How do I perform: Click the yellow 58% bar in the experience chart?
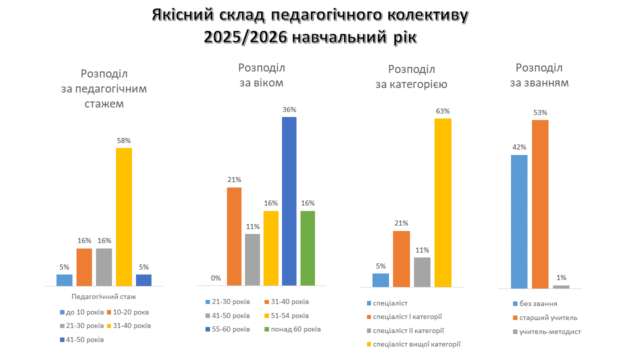(124, 216)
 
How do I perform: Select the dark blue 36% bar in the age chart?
(289, 201)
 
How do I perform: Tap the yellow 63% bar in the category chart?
(443, 202)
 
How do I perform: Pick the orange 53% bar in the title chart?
(540, 204)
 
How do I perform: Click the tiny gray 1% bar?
(561, 287)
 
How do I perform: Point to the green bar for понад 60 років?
(307, 248)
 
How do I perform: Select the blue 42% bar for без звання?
(519, 221)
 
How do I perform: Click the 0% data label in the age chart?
(215, 278)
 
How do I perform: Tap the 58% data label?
(124, 140)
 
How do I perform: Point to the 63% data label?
(443, 111)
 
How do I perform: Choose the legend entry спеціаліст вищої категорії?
(416, 344)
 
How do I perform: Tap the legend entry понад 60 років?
(295, 329)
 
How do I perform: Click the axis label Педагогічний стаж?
(104, 296)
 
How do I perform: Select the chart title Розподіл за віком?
(261, 75)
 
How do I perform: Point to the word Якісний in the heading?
(182, 16)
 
